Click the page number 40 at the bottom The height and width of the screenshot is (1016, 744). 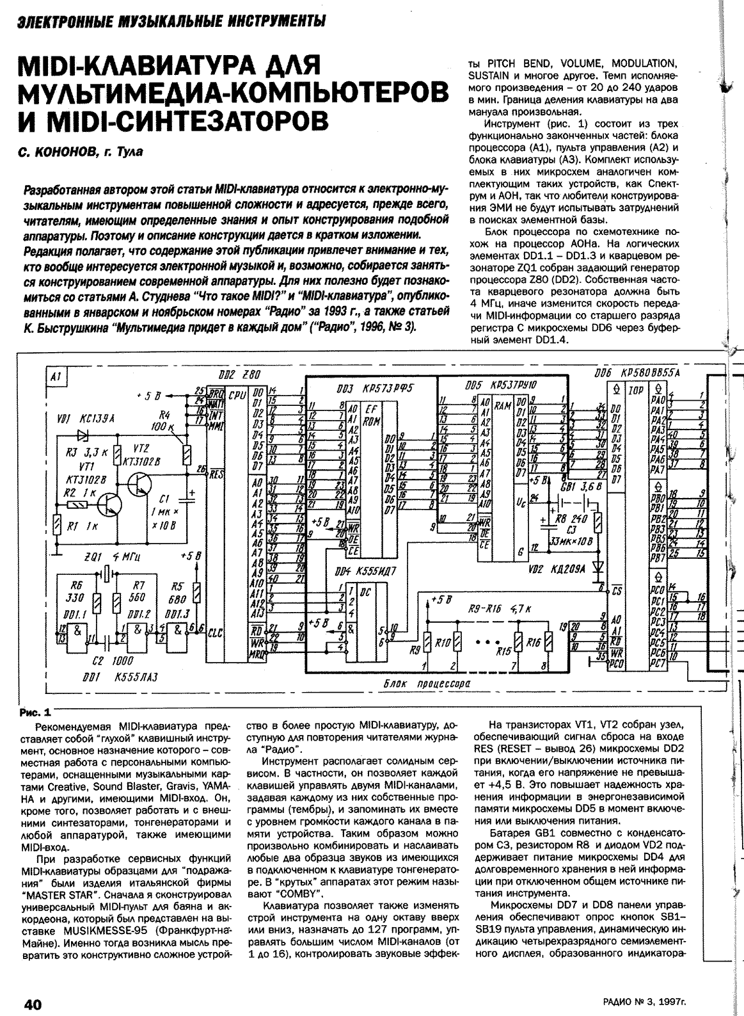coord(33,1004)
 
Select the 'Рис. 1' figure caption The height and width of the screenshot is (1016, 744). coord(35,711)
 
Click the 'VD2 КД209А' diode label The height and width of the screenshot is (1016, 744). coord(550,567)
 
